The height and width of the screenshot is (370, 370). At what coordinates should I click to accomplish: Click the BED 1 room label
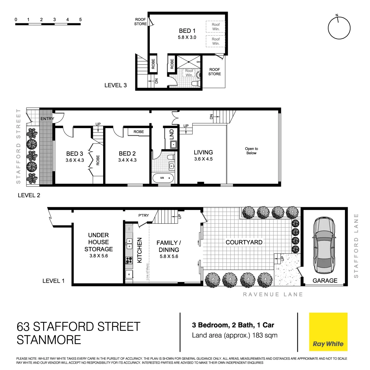(187, 31)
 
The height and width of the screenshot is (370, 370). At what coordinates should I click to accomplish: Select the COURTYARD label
(244, 242)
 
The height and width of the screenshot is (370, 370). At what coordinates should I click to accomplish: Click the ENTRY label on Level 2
(47, 119)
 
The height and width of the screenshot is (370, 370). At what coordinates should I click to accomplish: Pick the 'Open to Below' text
(251, 151)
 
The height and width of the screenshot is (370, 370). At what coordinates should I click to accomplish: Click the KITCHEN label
(140, 250)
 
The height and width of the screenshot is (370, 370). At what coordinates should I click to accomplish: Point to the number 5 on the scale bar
(80, 20)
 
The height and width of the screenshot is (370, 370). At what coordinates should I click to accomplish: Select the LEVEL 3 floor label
(115, 85)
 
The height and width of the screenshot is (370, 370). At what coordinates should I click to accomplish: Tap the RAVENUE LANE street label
(273, 294)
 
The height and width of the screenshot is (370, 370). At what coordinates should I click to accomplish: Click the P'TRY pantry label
(143, 216)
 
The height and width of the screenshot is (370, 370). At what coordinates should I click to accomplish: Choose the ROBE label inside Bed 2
(139, 132)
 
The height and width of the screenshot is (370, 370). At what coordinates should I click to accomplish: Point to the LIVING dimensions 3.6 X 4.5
(203, 159)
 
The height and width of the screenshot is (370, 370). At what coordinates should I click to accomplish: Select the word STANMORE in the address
(49, 340)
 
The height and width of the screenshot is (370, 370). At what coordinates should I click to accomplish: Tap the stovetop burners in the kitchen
(129, 260)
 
